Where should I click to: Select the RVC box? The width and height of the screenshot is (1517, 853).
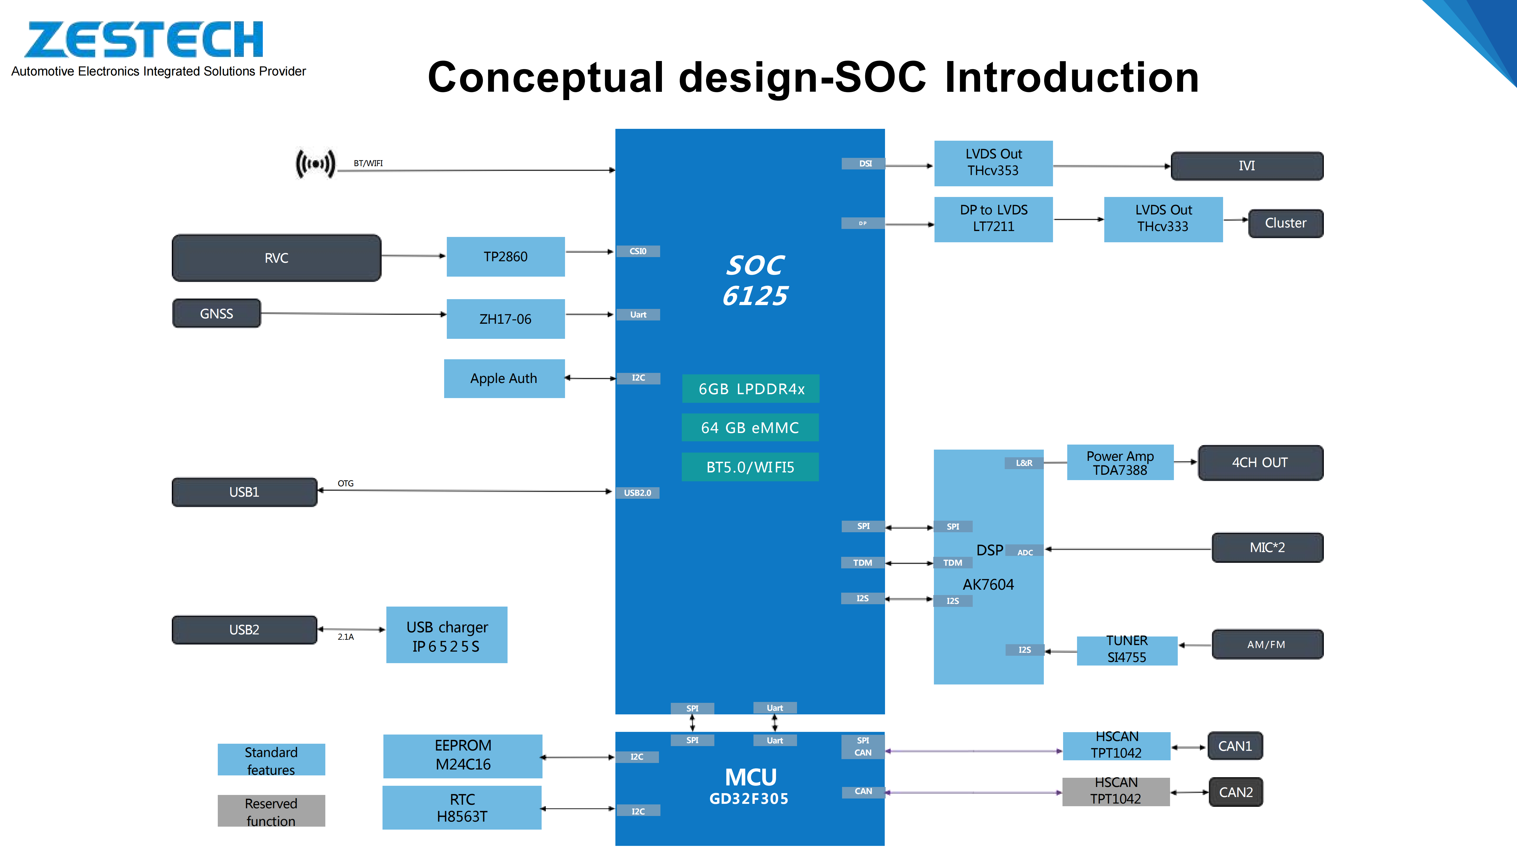coord(276,258)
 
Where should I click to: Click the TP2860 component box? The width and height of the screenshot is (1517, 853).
coord(505,257)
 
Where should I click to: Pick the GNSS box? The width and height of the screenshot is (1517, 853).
coord(216,313)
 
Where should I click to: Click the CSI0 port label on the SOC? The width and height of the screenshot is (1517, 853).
coord(638,251)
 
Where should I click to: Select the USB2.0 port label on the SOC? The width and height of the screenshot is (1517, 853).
coord(638,493)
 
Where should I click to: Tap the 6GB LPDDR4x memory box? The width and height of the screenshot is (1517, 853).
coord(751,389)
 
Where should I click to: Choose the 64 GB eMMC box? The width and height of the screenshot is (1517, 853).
coord(750,427)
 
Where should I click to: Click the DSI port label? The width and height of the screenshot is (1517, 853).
coord(865,164)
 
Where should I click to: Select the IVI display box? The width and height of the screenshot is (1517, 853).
coord(1247,166)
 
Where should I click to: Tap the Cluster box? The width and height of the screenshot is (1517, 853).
coord(1286,223)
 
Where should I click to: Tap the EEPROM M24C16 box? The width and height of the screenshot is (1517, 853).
coord(463,755)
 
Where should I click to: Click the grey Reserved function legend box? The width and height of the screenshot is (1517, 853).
coord(271,811)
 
